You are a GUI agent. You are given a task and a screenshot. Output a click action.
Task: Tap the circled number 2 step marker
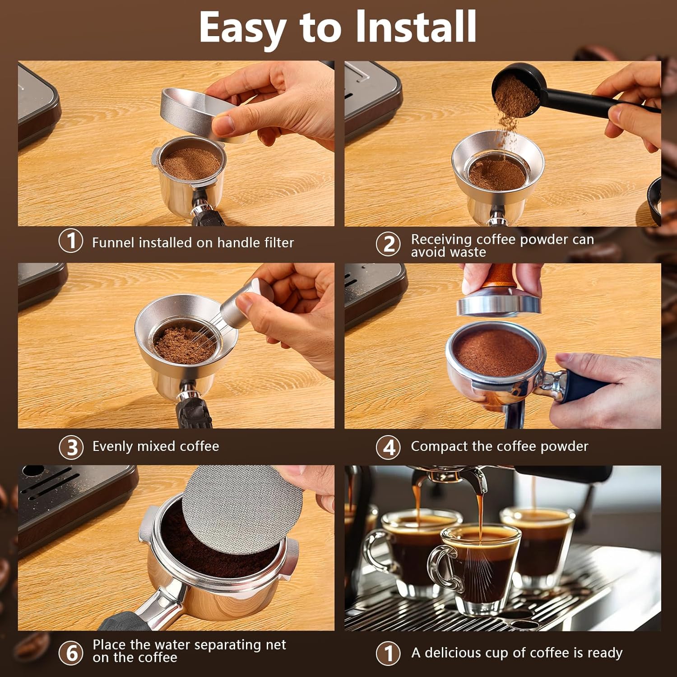coord(388,244)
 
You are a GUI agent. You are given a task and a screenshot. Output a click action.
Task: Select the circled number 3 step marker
coord(71,447)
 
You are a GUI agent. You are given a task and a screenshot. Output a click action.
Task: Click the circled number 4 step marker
coord(388,447)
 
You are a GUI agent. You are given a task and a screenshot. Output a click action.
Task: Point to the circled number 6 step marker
coord(71,652)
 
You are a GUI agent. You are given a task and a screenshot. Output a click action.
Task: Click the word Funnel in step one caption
coord(113,243)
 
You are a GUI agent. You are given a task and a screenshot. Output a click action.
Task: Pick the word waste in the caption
coord(467,252)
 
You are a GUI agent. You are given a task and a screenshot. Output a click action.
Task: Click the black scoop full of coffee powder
coord(515,93)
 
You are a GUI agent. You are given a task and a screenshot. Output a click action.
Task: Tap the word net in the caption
coord(276,645)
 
